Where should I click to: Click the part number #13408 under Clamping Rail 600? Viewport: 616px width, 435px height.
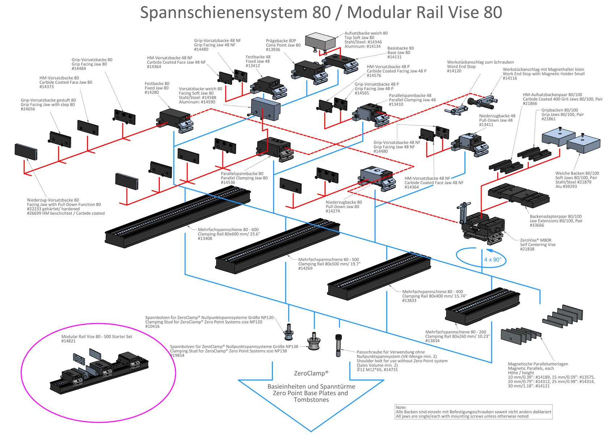click(x=205, y=239)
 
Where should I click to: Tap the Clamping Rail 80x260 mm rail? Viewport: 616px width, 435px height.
click(x=482, y=306)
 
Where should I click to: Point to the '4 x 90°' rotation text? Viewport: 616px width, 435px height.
click(x=493, y=260)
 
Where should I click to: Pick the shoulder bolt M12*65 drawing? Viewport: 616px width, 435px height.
click(x=338, y=345)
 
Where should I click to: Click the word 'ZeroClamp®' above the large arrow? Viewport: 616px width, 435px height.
click(x=311, y=373)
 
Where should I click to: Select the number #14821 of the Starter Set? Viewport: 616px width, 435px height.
click(x=68, y=341)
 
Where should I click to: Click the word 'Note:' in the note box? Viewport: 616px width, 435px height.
click(x=401, y=407)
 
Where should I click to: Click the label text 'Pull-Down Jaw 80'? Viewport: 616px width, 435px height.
click(x=342, y=207)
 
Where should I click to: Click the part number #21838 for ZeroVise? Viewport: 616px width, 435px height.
click(x=527, y=249)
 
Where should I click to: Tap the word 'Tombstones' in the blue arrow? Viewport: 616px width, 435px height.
click(x=311, y=400)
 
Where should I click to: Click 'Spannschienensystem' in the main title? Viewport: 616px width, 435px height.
click(x=225, y=13)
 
